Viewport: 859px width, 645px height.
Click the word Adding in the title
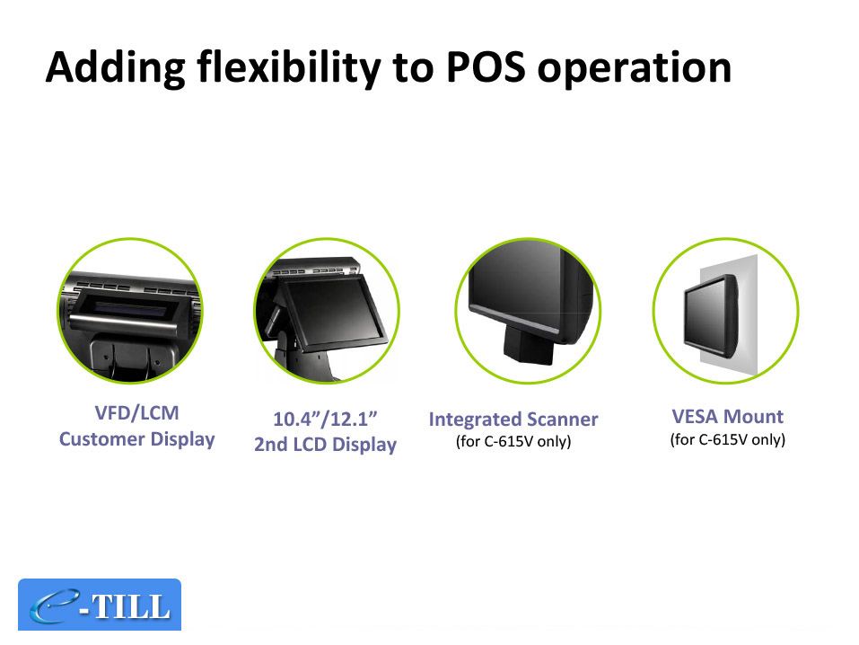pos(116,68)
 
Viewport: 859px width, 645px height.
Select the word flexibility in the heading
pos(289,68)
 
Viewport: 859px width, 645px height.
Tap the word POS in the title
pos(486,67)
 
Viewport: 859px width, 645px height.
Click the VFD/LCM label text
pos(137,412)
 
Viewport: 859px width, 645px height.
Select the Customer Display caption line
pos(137,439)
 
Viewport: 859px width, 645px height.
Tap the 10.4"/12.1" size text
pos(326,419)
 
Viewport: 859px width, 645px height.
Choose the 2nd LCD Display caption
pos(326,445)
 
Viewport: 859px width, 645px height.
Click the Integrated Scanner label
pos(513,420)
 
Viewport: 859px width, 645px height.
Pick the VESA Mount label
pos(728,416)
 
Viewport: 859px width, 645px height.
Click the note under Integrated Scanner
pos(513,441)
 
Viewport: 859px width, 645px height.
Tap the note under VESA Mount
pos(728,439)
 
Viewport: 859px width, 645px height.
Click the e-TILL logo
pos(100,605)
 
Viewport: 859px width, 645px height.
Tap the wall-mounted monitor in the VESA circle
pos(711,317)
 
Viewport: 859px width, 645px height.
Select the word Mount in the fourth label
pos(754,416)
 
